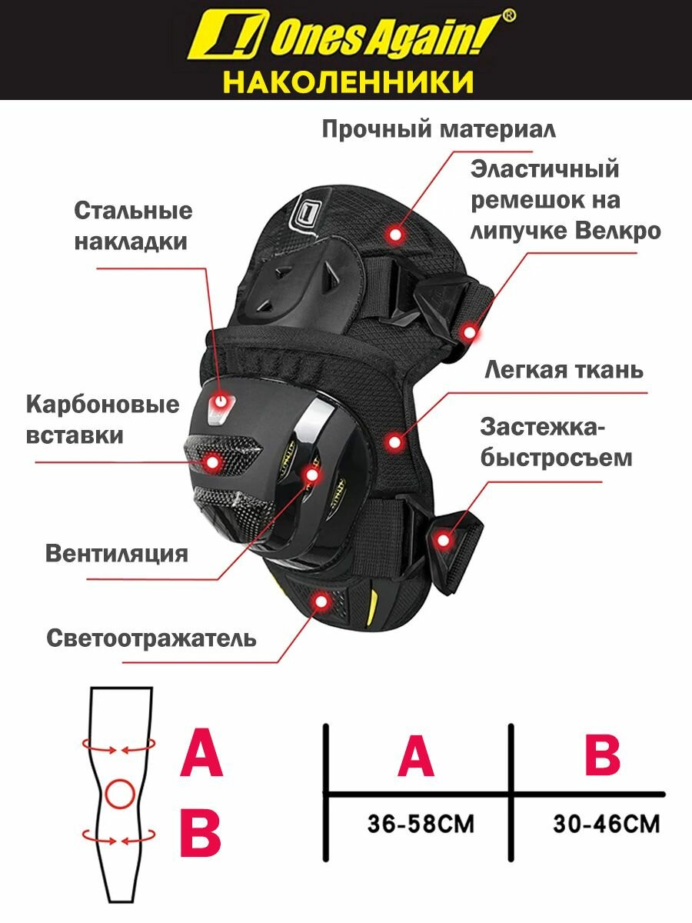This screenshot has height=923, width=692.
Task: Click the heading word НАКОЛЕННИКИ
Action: tap(348, 80)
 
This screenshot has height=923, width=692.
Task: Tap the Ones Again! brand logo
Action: tap(352, 37)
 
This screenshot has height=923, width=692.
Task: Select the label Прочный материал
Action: tap(438, 128)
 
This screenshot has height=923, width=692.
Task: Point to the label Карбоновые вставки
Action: tap(102, 420)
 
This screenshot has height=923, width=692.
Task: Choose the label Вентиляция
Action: tap(117, 554)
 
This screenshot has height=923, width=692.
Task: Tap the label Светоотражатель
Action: tap(151, 638)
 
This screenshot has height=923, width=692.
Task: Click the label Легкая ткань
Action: tap(564, 370)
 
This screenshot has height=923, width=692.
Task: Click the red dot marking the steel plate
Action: tap(222, 401)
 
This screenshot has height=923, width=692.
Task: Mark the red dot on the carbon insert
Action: tap(213, 461)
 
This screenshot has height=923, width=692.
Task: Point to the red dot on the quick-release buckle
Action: tap(442, 541)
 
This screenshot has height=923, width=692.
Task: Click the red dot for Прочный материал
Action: tap(396, 232)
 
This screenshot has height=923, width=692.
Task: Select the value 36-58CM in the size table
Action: tap(421, 825)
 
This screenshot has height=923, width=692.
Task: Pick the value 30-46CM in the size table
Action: tap(606, 825)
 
